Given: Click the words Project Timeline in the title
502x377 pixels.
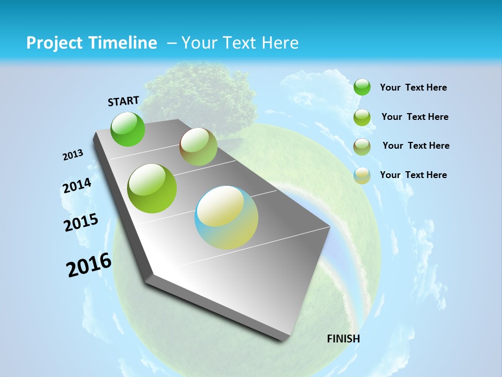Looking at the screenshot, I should (92, 43).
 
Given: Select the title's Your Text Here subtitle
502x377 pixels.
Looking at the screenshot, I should (240, 43).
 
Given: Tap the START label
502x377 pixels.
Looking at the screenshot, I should (123, 101).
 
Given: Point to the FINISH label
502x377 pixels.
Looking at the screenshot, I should (344, 339).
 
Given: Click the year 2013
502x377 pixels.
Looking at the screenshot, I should (73, 155).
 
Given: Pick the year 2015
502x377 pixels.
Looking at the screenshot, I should (81, 223).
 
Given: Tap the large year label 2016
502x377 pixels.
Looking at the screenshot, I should (89, 265).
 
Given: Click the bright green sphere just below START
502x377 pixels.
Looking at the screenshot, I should (128, 129).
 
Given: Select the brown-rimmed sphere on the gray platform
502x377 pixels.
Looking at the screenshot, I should (198, 147).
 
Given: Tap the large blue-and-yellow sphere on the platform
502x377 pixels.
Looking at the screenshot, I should (226, 217).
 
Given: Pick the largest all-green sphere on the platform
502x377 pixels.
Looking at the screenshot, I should (152, 188).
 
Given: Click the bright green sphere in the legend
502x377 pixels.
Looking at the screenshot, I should (362, 87).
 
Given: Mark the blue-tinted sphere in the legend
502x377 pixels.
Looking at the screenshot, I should (362, 176).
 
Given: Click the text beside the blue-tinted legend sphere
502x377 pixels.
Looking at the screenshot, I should (413, 175).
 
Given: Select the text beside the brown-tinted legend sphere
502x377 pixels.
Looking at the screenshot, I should (416, 146).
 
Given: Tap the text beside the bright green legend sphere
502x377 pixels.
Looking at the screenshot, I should (413, 87).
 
